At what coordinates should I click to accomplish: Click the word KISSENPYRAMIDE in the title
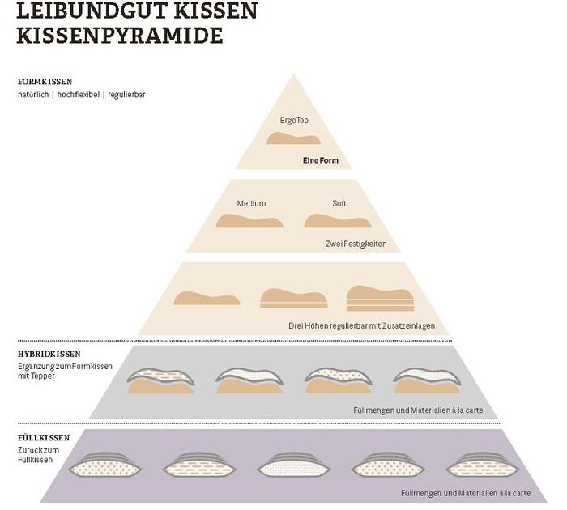click(x=120, y=35)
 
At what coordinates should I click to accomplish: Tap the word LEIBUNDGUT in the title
click(x=92, y=11)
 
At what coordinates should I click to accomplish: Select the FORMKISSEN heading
click(x=45, y=81)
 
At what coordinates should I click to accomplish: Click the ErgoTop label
click(x=294, y=121)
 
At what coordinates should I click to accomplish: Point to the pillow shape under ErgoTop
click(x=293, y=138)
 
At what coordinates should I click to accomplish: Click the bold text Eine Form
click(x=321, y=160)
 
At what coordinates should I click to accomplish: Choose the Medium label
click(x=251, y=203)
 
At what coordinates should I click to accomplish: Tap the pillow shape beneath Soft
click(x=338, y=221)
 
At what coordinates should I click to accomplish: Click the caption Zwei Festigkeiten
click(x=356, y=244)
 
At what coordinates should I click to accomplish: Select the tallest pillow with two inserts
click(x=380, y=299)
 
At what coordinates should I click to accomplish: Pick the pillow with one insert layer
click(x=293, y=298)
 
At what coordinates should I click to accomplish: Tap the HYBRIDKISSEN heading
click(x=49, y=355)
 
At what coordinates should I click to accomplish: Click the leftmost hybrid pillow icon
click(x=160, y=381)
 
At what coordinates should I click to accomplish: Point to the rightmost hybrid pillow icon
click(x=427, y=380)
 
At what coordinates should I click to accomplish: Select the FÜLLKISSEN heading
click(x=44, y=438)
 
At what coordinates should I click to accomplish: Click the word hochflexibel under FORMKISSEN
click(x=78, y=95)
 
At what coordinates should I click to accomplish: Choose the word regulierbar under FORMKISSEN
click(x=126, y=95)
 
